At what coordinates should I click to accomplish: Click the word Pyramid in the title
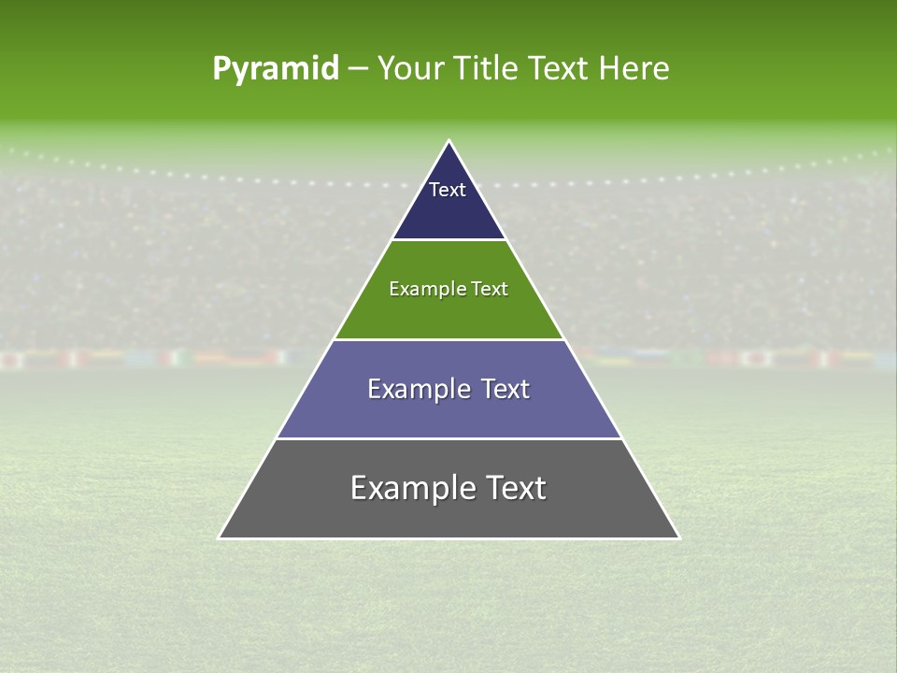pos(275,69)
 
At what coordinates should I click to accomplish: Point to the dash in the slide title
pos(358,69)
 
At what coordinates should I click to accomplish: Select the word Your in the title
pos(409,69)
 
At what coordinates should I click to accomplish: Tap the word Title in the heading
pos(484,69)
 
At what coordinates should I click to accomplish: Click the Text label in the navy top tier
pos(448,190)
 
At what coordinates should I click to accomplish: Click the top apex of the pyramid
pos(449,141)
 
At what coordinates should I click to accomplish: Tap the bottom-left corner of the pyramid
pos(220,537)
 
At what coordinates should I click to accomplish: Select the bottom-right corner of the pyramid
pos(678,537)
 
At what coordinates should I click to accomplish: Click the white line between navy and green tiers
pos(448,240)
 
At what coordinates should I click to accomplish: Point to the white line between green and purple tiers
pos(448,339)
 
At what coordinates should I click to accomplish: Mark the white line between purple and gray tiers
pos(448,438)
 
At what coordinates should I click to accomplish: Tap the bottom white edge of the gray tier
pos(448,538)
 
